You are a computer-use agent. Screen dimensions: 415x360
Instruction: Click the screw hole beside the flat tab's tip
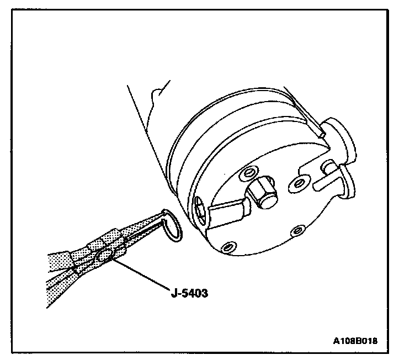pyautogui.click(x=300, y=182)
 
